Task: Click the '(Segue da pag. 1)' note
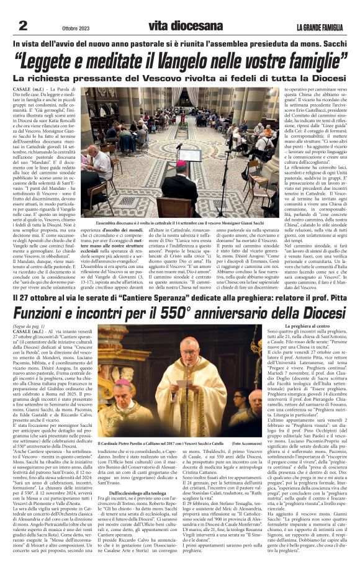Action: click(30, 326)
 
